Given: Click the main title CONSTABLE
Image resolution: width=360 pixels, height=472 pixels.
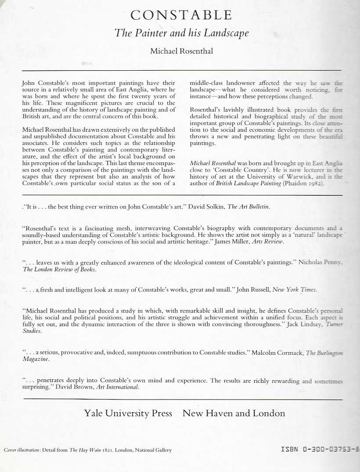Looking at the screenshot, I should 181,15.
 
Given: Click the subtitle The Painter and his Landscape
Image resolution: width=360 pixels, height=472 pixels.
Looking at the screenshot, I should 181,33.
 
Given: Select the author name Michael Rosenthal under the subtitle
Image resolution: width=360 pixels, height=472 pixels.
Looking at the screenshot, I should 181,51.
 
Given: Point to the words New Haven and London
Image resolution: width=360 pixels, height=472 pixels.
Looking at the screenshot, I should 234,413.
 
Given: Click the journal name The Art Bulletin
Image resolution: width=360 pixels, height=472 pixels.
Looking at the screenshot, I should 248,206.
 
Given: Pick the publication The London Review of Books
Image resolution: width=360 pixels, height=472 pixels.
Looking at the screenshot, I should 59,270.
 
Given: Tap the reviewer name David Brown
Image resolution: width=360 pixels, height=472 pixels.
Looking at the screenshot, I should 90,387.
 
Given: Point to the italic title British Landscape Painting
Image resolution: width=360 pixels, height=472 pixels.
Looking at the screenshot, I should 248,184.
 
